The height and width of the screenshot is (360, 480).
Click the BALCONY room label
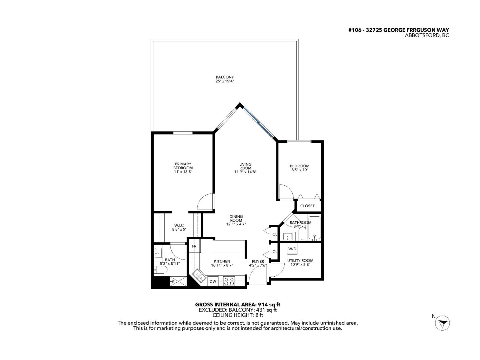(224, 77)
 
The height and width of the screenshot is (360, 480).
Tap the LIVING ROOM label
(245, 166)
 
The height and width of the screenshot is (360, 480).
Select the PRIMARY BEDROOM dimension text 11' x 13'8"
(183, 172)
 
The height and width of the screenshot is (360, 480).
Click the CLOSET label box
(307, 206)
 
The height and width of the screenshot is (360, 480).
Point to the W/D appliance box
(292, 249)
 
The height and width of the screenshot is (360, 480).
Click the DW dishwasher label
(213, 281)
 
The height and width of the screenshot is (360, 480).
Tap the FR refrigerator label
(194, 246)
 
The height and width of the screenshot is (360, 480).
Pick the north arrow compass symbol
(442, 323)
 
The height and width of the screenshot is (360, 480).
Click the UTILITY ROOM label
(300, 260)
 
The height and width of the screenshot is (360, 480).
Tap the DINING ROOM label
(236, 218)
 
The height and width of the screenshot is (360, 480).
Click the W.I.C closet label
(179, 225)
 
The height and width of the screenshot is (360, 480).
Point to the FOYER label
(258, 262)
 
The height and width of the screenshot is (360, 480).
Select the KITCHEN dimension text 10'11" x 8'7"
(222, 265)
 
